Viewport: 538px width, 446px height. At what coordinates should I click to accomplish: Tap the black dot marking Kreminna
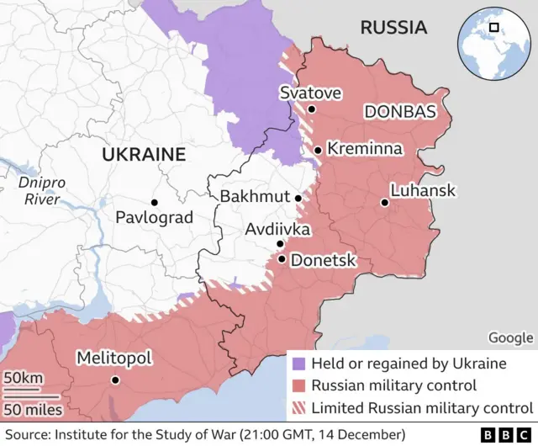point(318,151)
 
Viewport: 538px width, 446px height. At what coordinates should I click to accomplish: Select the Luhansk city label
point(424,191)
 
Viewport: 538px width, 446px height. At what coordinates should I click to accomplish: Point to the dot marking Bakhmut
point(298,198)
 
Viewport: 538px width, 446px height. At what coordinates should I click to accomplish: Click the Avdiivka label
point(277,229)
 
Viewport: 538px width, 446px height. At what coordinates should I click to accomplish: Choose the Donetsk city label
point(323,261)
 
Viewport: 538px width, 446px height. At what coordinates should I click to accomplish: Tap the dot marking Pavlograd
point(154,202)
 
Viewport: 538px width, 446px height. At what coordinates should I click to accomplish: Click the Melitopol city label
point(114,358)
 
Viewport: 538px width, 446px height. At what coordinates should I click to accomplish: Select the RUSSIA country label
point(393,28)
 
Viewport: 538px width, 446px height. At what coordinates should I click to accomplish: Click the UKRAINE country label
point(143,155)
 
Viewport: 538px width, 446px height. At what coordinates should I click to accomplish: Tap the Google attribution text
point(510,337)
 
